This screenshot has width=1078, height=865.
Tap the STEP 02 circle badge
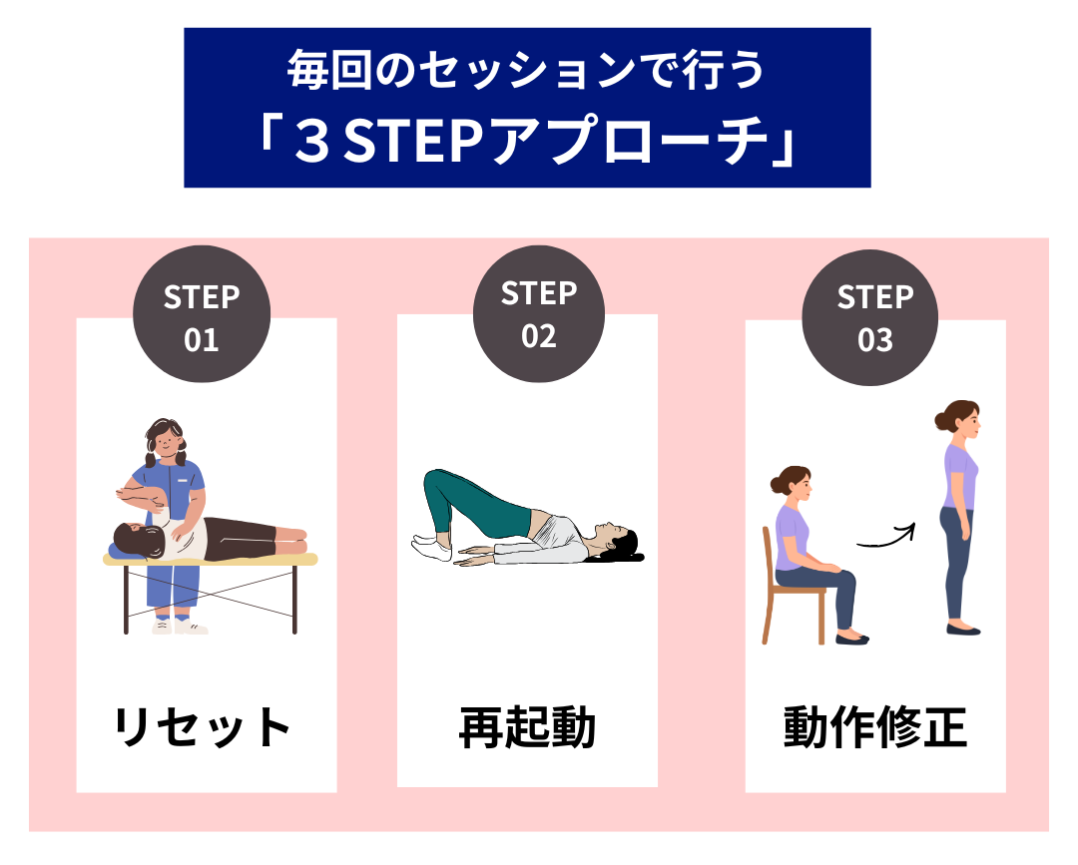coord(538,313)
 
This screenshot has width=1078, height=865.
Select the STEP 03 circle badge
coord(874,317)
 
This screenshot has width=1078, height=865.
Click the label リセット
coord(203,727)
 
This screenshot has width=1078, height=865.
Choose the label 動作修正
coord(874,727)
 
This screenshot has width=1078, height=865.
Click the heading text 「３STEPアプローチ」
coord(527,143)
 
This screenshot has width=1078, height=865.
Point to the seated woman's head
coord(792,484)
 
